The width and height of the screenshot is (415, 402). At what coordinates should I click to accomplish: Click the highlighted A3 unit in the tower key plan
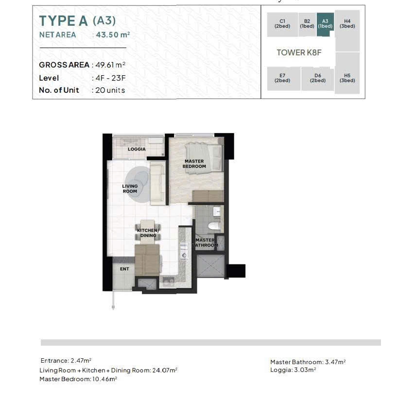[x=325, y=24]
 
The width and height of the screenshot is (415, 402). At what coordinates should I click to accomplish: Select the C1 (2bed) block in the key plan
[x=282, y=24]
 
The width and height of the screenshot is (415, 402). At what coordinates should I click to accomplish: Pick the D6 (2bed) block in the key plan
[x=318, y=79]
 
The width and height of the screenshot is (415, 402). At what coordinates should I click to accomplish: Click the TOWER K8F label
[x=299, y=52]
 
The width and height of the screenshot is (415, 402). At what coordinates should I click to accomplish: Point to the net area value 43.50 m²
[x=113, y=34]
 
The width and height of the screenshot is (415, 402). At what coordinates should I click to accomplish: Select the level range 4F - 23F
[x=110, y=78]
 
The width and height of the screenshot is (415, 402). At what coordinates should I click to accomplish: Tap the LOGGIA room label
[x=137, y=149]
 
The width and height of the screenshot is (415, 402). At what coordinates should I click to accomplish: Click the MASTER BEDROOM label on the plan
[x=194, y=164]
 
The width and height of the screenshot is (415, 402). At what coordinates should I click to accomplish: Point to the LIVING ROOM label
[x=130, y=188]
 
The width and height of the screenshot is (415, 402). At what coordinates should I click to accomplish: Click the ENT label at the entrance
[x=124, y=269]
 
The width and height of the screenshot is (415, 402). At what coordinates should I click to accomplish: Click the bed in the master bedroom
[x=204, y=158]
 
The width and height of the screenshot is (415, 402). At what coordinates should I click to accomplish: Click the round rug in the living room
[x=138, y=184]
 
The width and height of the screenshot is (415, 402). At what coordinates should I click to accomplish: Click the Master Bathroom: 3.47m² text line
[x=308, y=362]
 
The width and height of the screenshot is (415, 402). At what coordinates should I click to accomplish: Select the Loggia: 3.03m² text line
[x=293, y=370]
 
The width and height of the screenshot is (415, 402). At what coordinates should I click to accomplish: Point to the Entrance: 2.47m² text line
[x=66, y=360]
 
